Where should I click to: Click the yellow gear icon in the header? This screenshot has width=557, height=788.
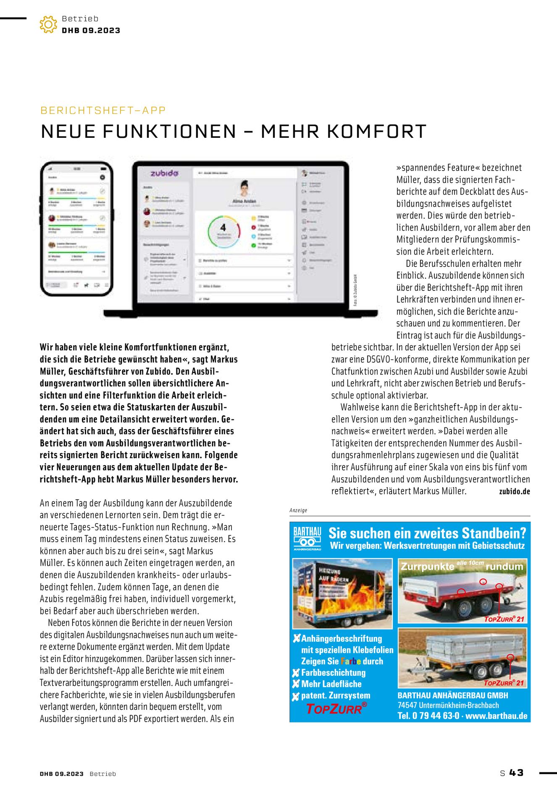(48, 24)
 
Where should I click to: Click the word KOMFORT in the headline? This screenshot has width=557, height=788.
(377, 132)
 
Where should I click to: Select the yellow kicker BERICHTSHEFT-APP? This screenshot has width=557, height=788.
(103, 111)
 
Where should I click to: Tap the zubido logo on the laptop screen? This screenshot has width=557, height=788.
(164, 173)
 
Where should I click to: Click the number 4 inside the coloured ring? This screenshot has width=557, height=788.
(223, 227)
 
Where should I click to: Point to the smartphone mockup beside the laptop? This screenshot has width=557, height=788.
(77, 229)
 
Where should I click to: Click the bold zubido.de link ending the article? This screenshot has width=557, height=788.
(514, 491)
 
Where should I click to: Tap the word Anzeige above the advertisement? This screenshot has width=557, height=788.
(298, 510)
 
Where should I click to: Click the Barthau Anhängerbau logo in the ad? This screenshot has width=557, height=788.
(307, 538)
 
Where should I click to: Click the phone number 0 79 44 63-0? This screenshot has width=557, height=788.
(436, 716)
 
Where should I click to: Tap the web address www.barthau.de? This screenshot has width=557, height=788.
(497, 716)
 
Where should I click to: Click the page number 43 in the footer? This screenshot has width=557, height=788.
(517, 773)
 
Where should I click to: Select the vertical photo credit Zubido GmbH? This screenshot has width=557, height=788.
(355, 290)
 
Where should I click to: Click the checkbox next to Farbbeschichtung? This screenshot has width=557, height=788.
(296, 673)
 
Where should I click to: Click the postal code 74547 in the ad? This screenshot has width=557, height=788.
(407, 706)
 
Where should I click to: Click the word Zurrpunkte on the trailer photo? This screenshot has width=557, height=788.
(427, 567)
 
